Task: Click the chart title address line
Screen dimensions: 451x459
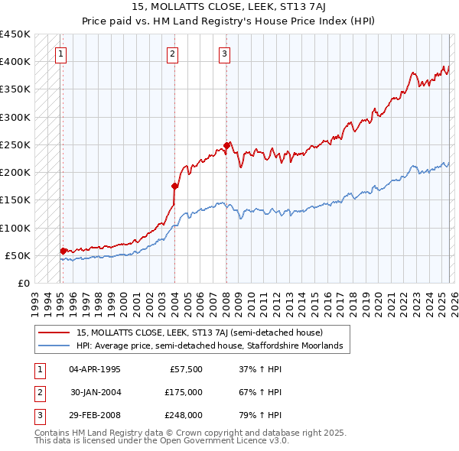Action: point(229,7)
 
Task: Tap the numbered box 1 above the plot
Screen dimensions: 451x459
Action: point(60,54)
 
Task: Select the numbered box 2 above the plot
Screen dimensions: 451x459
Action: point(173,54)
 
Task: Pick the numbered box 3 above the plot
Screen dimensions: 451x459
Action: point(224,54)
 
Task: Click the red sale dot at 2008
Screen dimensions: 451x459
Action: point(226,145)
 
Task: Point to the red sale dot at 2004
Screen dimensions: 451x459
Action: point(174,186)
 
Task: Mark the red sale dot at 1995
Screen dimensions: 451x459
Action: point(63,251)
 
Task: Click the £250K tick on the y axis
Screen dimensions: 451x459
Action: point(15,144)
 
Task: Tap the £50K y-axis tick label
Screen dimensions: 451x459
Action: point(18,255)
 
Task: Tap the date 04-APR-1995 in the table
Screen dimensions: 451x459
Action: point(95,369)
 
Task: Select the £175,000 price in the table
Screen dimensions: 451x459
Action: point(184,392)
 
